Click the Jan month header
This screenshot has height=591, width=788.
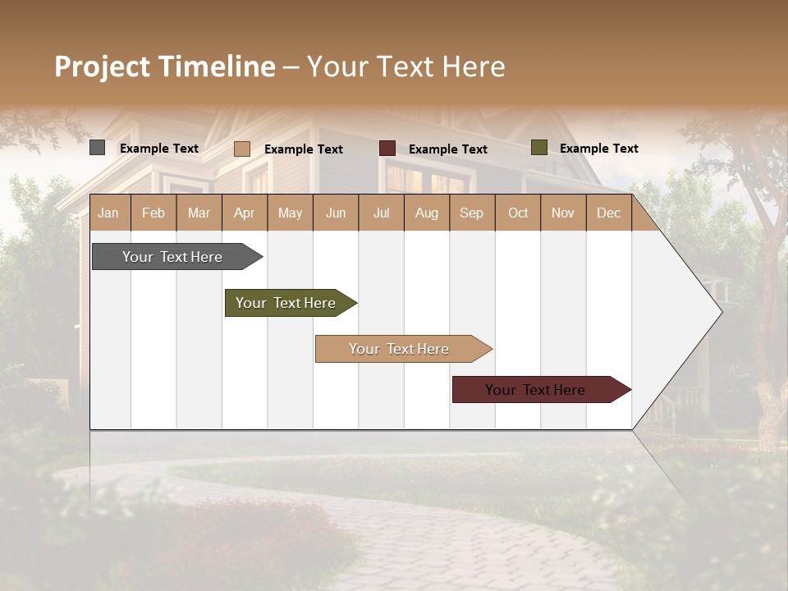pos(108,213)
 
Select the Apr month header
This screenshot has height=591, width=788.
pos(244,213)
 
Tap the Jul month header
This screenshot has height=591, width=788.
pos(381,213)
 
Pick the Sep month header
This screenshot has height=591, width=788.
pos(471,213)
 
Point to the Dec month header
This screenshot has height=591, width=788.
pos(608,213)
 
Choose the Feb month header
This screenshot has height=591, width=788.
pos(153,213)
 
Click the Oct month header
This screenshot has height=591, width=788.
pos(518,213)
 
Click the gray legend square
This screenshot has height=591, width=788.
pos(98,148)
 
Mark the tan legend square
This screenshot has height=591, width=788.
pos(242,149)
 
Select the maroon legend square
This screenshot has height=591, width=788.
pos(387,149)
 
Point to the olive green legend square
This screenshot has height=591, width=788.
pos(539,148)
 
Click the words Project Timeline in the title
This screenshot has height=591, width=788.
pos(165,66)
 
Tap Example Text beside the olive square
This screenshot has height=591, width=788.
pos(598,149)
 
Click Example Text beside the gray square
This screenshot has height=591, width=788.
pos(158,149)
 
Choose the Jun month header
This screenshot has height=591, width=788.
pos(336,213)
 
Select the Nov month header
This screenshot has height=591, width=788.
pos(563,213)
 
